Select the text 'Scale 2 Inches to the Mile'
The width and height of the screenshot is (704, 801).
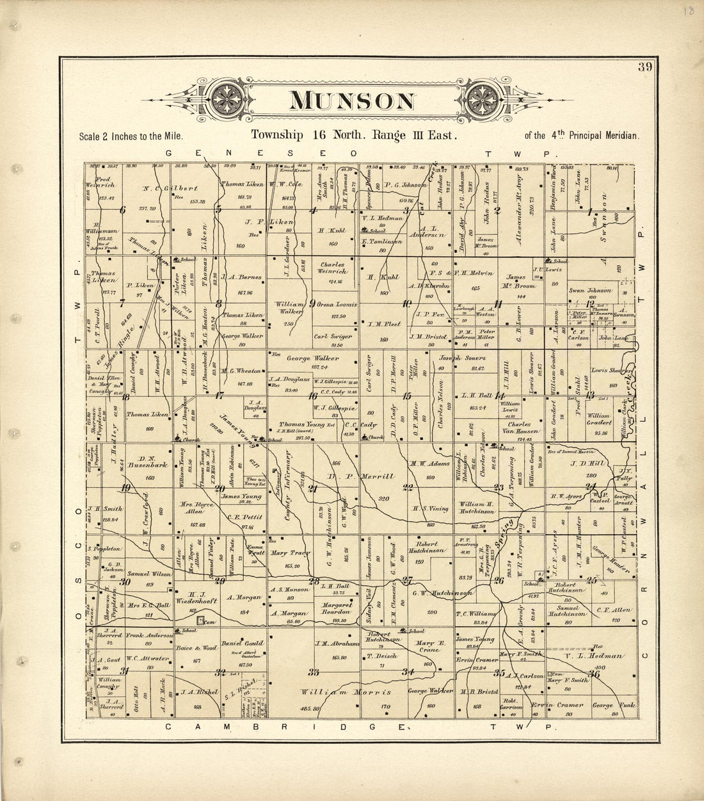point(131,136)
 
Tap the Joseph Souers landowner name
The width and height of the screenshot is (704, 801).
point(461,359)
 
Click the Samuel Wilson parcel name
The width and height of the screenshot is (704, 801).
point(148,574)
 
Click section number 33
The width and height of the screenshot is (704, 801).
point(314,672)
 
